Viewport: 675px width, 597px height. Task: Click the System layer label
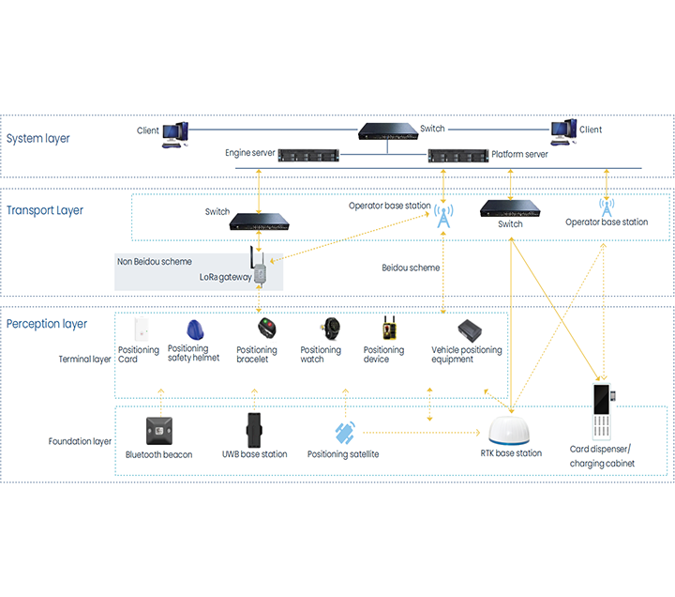click(37, 139)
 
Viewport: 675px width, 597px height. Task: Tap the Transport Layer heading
click(45, 210)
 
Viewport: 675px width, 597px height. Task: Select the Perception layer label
click(47, 324)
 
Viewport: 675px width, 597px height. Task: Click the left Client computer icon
click(174, 134)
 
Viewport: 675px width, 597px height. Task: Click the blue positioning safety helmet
click(195, 329)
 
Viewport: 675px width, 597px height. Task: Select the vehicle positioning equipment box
click(469, 330)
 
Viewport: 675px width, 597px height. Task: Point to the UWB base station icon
click(253, 430)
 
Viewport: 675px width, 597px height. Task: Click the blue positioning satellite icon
click(345, 433)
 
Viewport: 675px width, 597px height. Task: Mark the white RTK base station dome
click(512, 432)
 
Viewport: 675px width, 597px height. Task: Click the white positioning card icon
click(142, 329)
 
